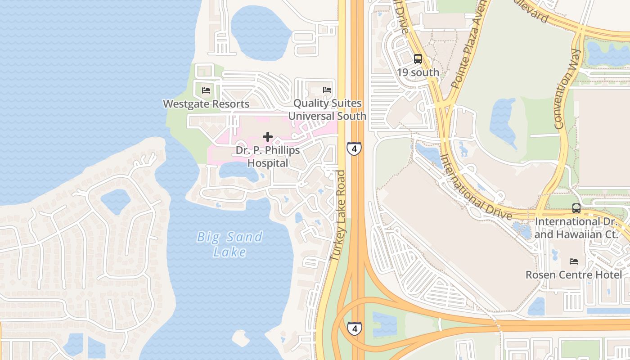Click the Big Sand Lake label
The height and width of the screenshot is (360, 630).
pos(229,244)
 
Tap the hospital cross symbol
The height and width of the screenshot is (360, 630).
pos(268,137)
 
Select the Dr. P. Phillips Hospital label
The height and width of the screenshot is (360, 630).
pos(268,156)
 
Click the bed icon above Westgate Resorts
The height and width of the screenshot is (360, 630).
pos(206,90)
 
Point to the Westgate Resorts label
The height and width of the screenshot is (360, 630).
pos(206,104)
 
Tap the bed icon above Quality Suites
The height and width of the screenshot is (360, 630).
pos(327,90)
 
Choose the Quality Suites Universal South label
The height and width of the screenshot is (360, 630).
pos(327,109)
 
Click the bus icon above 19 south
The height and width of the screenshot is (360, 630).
pos(418,59)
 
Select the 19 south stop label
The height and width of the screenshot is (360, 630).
pos(418,72)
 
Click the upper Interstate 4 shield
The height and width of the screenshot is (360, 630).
pos(354,148)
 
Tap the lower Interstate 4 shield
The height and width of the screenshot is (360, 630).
pos(355,328)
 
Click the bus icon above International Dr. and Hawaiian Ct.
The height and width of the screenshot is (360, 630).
pos(576,208)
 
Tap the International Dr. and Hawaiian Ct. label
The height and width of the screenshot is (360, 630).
pos(580,228)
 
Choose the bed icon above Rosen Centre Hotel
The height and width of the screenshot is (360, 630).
pos(574,261)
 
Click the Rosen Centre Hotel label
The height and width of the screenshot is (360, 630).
pos(574,274)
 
